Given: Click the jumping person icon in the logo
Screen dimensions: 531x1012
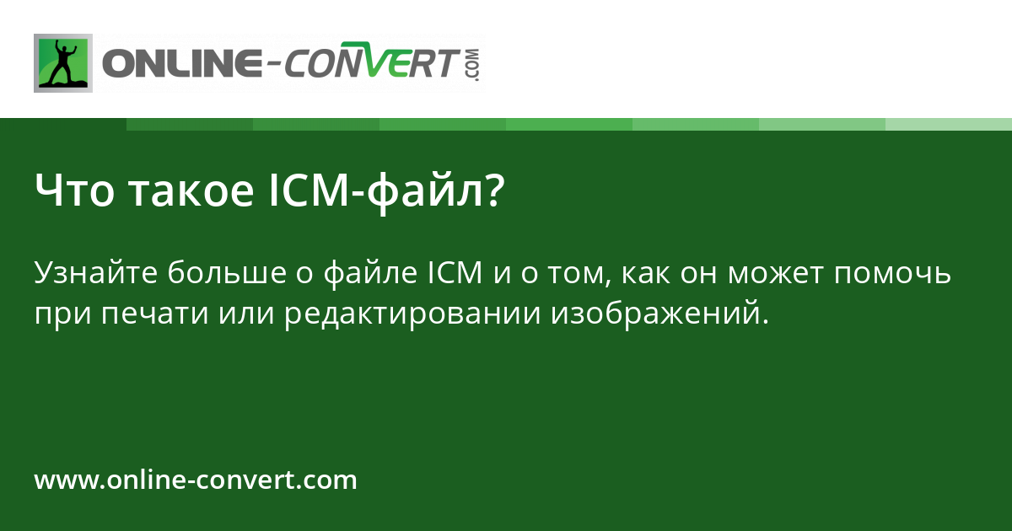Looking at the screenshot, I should [63, 62].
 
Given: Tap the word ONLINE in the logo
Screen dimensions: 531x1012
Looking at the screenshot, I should [176, 64].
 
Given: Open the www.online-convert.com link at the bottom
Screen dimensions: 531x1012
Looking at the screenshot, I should [196, 480].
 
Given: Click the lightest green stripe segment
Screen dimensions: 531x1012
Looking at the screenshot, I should [948, 124].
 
